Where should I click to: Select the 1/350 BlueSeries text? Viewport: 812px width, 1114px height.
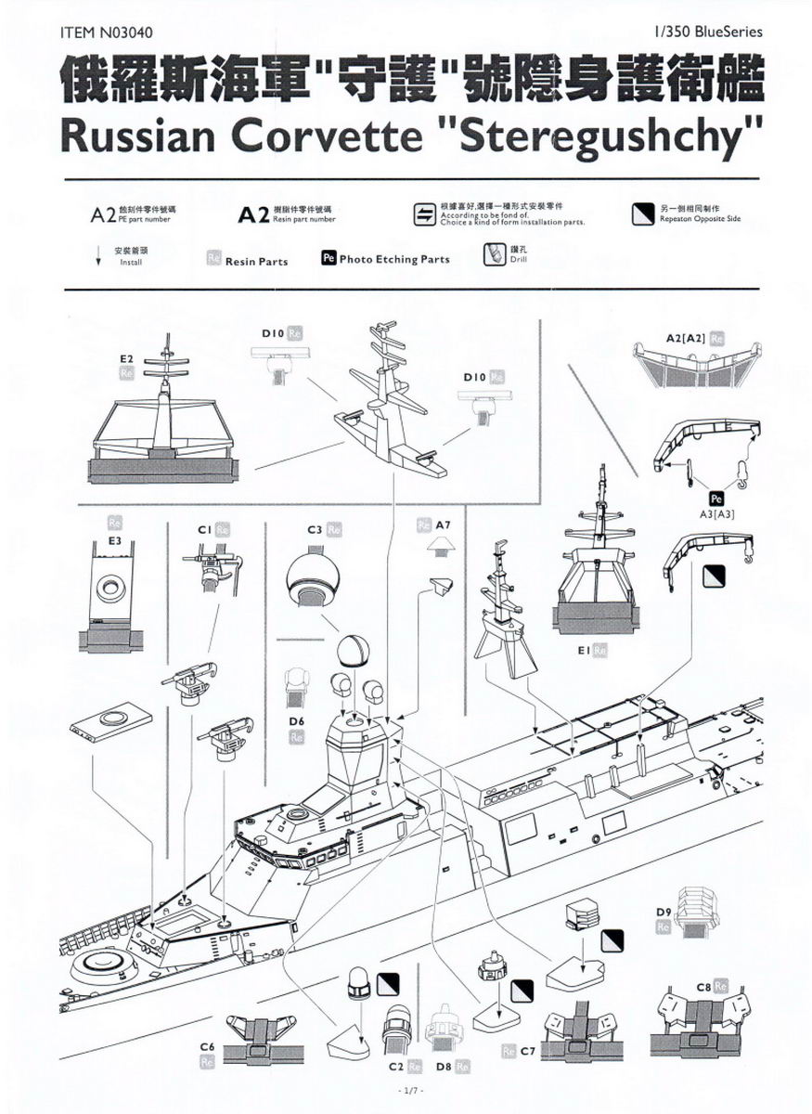(708, 32)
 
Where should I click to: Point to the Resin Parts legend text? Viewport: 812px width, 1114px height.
(256, 262)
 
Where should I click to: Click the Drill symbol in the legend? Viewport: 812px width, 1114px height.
(494, 253)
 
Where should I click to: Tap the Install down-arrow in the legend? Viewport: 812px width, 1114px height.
(98, 258)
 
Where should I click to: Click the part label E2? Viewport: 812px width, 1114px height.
(127, 357)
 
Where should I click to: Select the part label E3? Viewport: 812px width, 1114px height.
(115, 539)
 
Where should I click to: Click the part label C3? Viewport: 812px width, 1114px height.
(315, 529)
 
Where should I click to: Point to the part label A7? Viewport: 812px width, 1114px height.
(444, 525)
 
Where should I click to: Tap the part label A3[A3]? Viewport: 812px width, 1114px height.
(715, 512)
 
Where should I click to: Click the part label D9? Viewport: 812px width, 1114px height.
(663, 911)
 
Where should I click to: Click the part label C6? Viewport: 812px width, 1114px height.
(208, 1046)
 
